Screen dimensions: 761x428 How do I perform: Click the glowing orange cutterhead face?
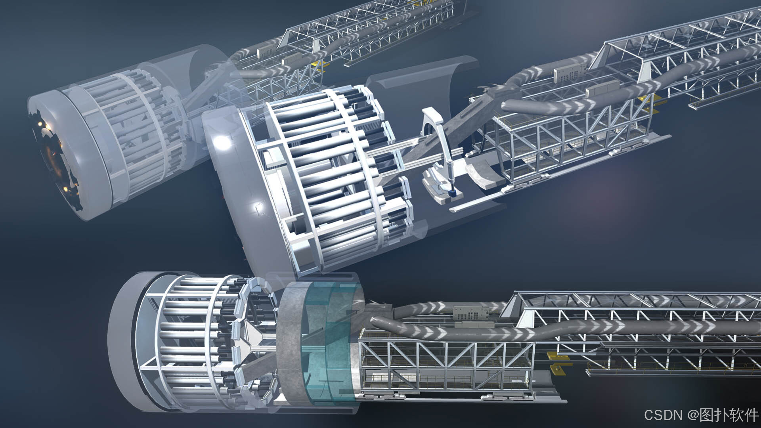click(55, 159)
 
